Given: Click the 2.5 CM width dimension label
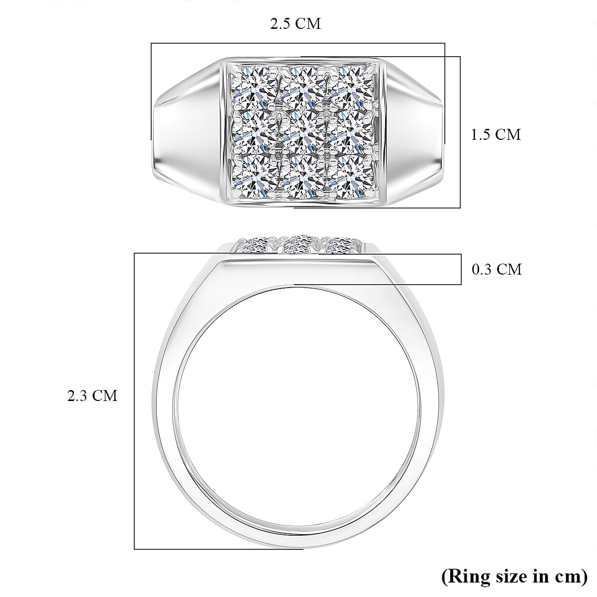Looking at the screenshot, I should pyautogui.click(x=296, y=24).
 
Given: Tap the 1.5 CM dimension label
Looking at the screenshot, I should pyautogui.click(x=496, y=134).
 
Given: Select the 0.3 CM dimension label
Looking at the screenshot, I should pyautogui.click(x=497, y=269).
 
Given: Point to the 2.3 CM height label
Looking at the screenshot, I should pyautogui.click(x=93, y=396).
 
